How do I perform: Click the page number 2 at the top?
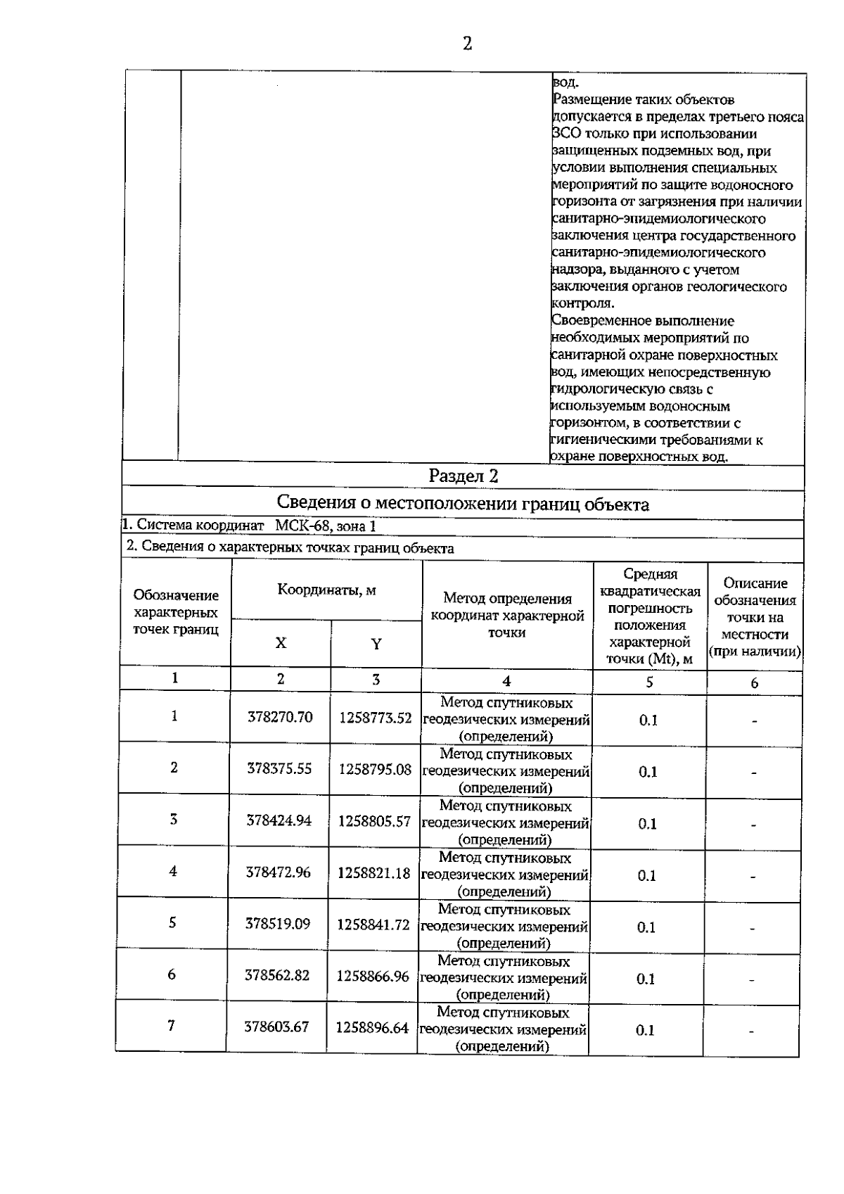click(467, 44)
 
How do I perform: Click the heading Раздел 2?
click(463, 476)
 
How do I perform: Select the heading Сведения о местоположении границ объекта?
click(463, 504)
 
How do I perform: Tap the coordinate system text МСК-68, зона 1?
click(326, 526)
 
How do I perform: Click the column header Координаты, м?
click(326, 590)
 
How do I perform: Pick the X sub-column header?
click(281, 643)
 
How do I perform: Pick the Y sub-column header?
click(376, 644)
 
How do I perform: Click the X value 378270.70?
click(280, 717)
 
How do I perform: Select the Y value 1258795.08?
click(375, 769)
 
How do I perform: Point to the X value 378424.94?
click(279, 820)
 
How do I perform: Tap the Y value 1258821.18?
click(373, 872)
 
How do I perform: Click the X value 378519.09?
click(277, 924)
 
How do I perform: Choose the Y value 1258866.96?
click(373, 976)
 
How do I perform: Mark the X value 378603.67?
click(276, 1027)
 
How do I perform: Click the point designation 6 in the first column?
click(172, 974)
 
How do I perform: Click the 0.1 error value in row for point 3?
click(647, 823)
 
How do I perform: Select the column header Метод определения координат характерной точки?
click(507, 616)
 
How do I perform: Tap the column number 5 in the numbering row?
click(649, 682)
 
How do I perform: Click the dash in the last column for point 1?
click(754, 721)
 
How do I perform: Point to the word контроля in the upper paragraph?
click(583, 303)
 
